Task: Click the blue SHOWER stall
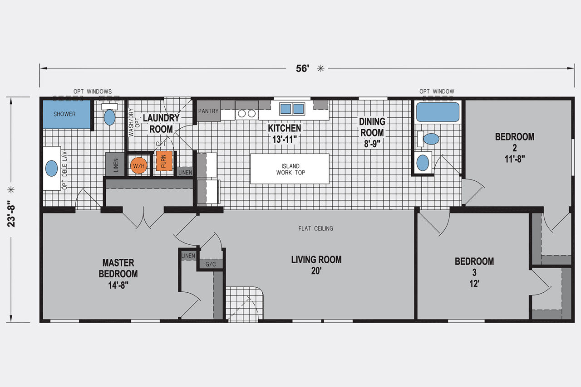67,114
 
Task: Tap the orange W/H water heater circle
139,165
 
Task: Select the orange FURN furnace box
164,161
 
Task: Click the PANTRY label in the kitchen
208,111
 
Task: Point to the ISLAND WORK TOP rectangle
290,169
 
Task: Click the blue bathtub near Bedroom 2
438,112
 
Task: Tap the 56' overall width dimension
303,68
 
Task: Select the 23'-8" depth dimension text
11,214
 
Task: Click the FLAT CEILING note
315,228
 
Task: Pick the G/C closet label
211,264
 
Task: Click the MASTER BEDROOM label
118,268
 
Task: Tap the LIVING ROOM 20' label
316,265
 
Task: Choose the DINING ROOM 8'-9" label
372,132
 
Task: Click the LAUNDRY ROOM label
161,124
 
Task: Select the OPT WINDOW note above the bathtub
437,92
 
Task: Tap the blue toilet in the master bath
109,117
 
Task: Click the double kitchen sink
292,109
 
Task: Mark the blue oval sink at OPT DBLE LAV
51,169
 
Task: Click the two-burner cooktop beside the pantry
246,114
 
